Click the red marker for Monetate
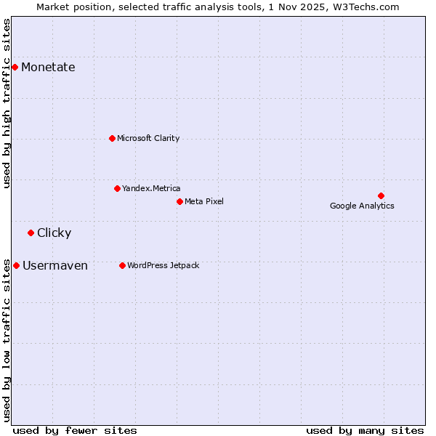coord(15,67)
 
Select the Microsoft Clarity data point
coord(112,138)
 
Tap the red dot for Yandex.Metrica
coord(117,188)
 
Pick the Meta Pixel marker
coord(179,201)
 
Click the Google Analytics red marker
coord(381,195)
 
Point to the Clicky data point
coord(31,233)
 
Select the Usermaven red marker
coord(16,265)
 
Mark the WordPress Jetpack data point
coord(122,265)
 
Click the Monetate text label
coord(48,68)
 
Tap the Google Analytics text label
coord(362,206)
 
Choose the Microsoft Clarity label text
coord(148,138)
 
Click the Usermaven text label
coord(55,266)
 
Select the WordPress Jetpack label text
coord(163,265)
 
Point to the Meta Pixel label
coord(204,201)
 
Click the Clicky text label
coord(54,233)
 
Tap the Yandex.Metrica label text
coord(151,188)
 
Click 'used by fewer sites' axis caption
coord(75,430)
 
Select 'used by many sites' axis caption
coord(365,430)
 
